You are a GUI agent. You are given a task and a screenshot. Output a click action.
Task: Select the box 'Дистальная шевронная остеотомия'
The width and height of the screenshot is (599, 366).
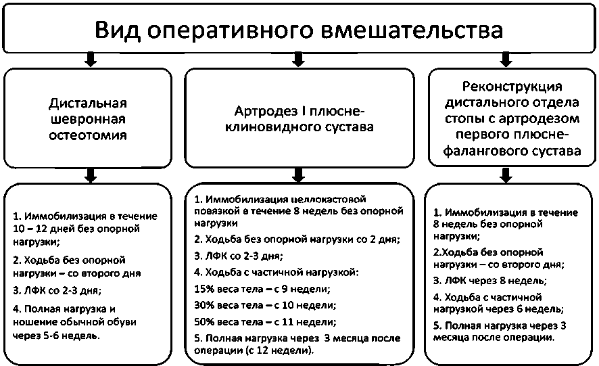[x=89, y=119]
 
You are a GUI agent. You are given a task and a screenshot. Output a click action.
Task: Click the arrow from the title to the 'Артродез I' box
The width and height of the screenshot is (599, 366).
[x=298, y=60]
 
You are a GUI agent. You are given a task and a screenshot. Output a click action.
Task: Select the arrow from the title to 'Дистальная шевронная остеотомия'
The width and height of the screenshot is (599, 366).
[x=89, y=60]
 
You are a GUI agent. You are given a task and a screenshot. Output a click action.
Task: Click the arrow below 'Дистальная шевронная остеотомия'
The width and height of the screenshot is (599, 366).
[x=89, y=176]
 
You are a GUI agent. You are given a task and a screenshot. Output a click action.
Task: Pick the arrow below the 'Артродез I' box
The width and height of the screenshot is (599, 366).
[x=298, y=176]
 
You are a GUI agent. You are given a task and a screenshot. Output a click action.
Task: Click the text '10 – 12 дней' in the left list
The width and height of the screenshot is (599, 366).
[x=43, y=229]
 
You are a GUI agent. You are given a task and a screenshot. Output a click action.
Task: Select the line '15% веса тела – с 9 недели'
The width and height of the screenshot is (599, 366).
[x=262, y=290]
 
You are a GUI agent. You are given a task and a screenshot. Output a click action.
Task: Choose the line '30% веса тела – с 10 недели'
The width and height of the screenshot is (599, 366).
[x=264, y=306]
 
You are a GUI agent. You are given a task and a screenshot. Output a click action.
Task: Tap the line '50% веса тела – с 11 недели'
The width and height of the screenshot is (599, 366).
[x=264, y=322]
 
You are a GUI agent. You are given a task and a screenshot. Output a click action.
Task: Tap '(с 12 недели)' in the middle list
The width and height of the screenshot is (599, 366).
[x=283, y=351]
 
